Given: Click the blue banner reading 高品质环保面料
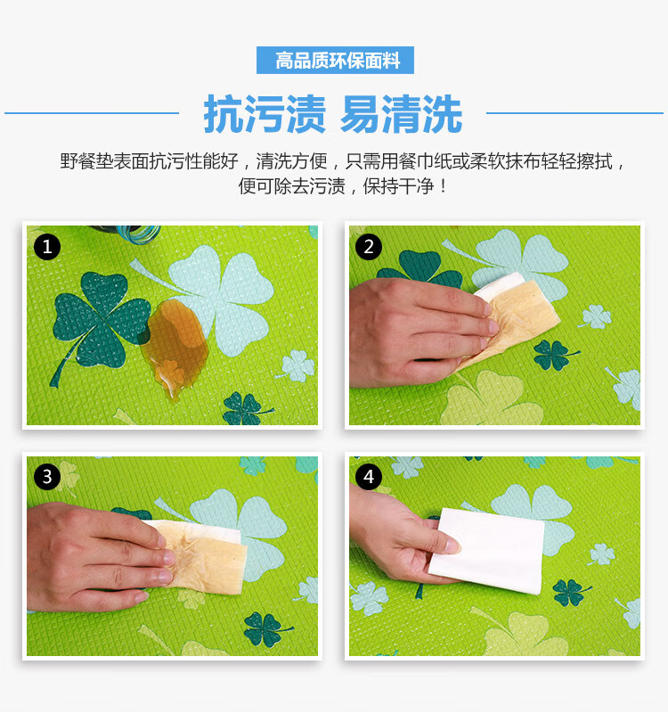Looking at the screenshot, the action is pyautogui.click(x=335, y=60).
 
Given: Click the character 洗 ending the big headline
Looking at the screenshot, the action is pyautogui.click(x=443, y=114).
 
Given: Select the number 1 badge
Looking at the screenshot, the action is pyautogui.click(x=47, y=247).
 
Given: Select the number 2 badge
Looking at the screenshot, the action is pyautogui.click(x=369, y=247).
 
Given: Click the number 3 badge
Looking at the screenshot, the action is pyautogui.click(x=47, y=477).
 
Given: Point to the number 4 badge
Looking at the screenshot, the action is pyautogui.click(x=369, y=477).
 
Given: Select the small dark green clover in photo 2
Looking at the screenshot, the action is pyautogui.click(x=554, y=354).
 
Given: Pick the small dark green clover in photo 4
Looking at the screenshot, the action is pyautogui.click(x=570, y=592).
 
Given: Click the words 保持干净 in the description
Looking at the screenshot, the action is pyautogui.click(x=397, y=186).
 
